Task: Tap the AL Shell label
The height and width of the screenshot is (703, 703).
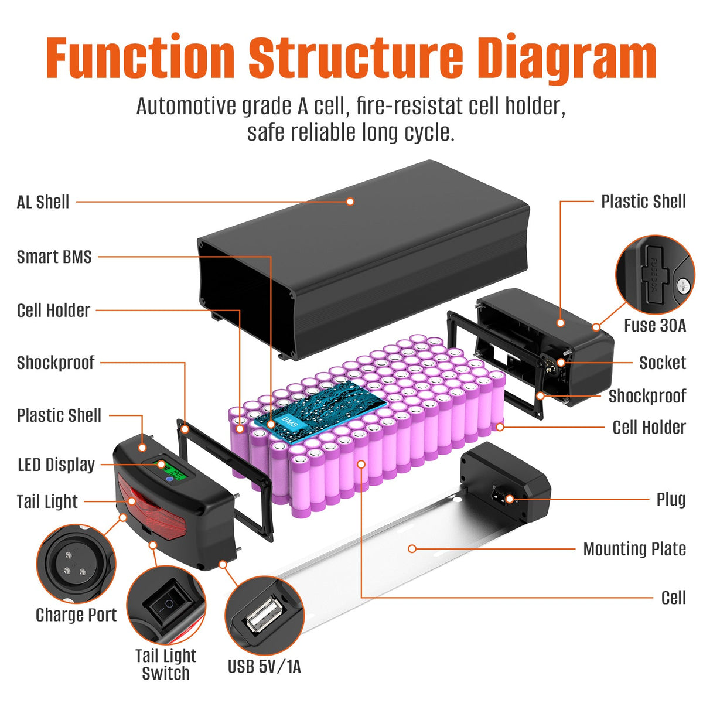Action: (x=43, y=202)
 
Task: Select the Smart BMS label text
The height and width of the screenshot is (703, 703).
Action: (x=54, y=257)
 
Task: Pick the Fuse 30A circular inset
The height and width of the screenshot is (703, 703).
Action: (x=654, y=275)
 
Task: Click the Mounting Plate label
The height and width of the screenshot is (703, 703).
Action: (x=634, y=550)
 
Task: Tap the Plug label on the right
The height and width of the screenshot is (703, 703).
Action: (x=671, y=500)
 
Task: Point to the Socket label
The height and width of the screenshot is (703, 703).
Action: (x=662, y=363)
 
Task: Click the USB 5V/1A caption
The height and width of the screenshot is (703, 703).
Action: (x=264, y=667)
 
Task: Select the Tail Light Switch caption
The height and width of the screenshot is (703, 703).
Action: (x=166, y=664)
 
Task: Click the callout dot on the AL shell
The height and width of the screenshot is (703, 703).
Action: (x=350, y=202)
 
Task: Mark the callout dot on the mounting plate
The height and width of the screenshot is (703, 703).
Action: (x=412, y=549)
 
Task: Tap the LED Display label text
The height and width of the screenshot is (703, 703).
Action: (x=56, y=465)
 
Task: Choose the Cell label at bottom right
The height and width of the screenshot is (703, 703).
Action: (x=673, y=598)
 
